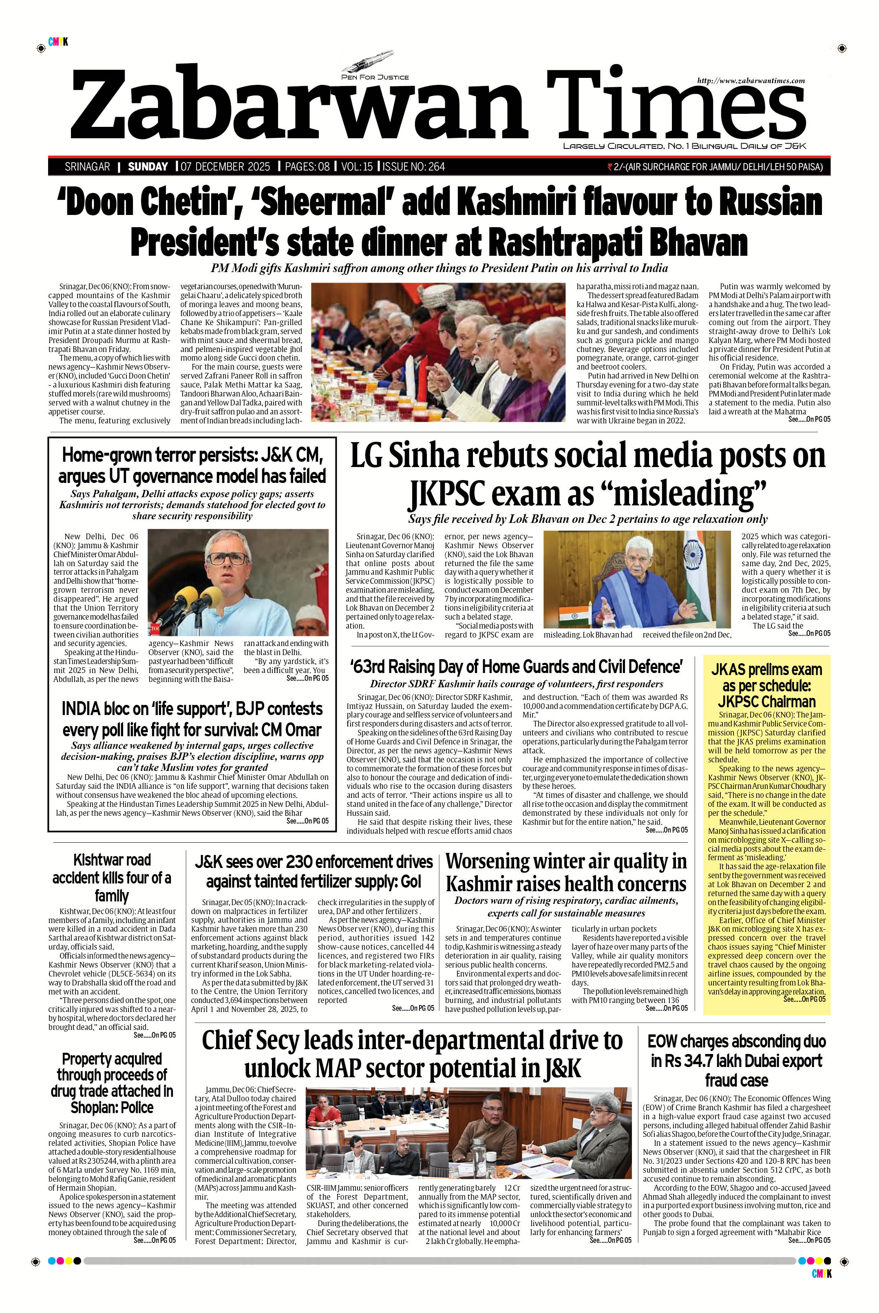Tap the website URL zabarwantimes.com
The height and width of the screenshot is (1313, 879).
pyautogui.click(x=751, y=81)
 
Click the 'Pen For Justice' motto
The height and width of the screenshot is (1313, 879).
pyautogui.click(x=375, y=77)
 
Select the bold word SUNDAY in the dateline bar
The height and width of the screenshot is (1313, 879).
pyautogui.click(x=148, y=166)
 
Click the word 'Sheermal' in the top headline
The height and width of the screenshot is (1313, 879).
pyautogui.click(x=329, y=202)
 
